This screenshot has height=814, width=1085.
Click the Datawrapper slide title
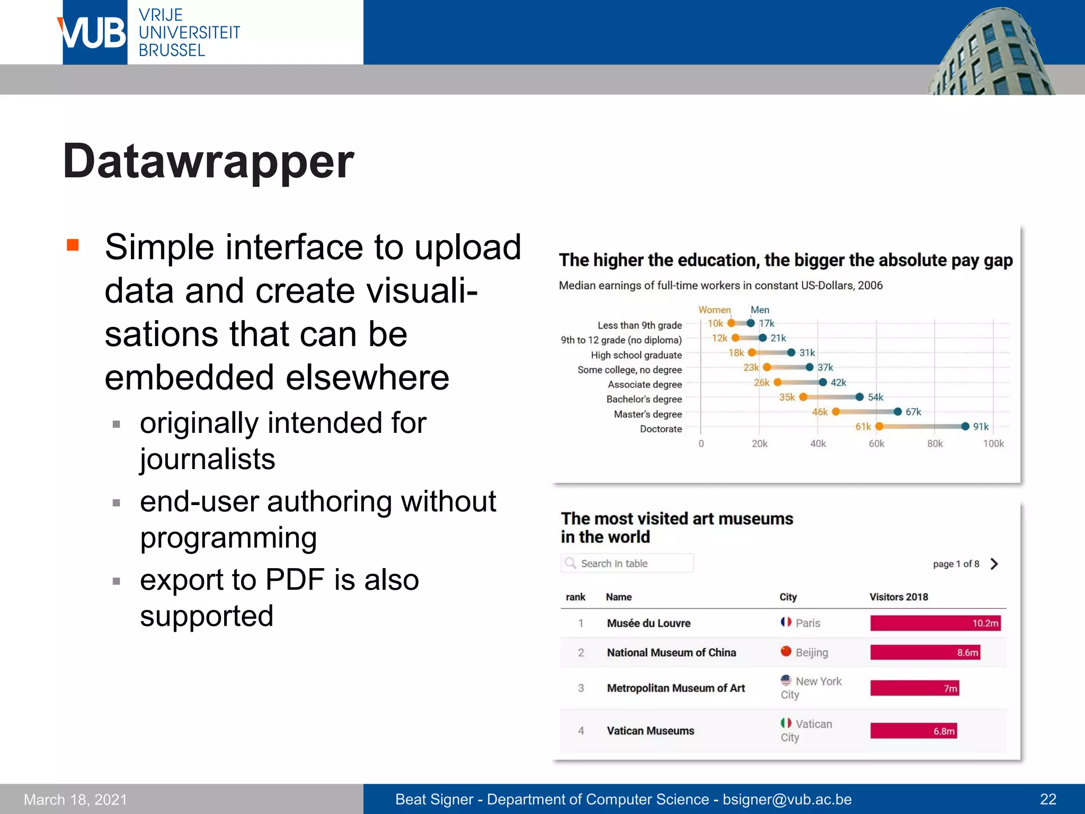click(208, 161)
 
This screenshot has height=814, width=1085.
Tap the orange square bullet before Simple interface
click(73, 245)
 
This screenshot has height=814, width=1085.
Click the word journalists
click(207, 459)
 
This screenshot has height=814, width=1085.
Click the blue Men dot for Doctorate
click(965, 427)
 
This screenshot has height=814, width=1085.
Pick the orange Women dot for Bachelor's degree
click(803, 397)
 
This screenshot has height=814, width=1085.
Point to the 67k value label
click(913, 412)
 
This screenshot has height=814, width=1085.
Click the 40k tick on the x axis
click(818, 444)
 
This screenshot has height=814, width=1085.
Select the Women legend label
click(714, 309)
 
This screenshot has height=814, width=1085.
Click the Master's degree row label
click(647, 414)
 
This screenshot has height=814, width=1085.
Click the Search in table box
click(627, 563)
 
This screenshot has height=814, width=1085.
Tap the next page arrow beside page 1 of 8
click(994, 564)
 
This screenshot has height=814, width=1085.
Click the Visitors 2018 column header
click(899, 597)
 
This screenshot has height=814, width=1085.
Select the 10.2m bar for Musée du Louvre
click(935, 623)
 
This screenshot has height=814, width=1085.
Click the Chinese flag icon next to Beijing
click(786, 651)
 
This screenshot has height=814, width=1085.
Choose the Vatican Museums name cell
click(650, 731)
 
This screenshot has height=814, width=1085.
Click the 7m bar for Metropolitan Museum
click(914, 688)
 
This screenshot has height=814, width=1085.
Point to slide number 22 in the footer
click(1048, 799)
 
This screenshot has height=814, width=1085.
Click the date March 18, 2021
click(75, 799)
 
